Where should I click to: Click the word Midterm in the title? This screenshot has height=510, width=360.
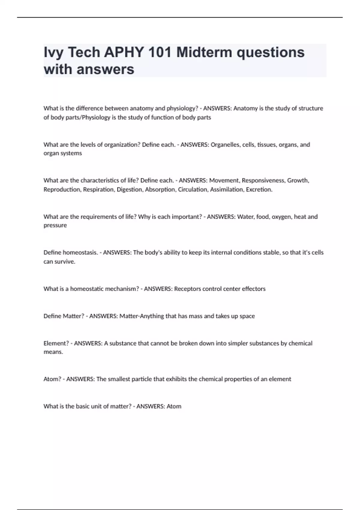[204, 52]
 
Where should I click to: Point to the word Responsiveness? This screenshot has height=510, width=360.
[263, 181]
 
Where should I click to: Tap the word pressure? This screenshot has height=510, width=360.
[55, 226]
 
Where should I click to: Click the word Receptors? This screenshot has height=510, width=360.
[187, 289]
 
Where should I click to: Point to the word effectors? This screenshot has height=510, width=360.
[253, 289]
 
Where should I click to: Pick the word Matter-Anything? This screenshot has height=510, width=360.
[142, 316]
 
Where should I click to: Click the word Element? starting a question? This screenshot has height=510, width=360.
[56, 343]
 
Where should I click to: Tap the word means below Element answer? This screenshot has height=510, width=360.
[53, 352]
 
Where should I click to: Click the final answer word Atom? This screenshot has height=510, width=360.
[174, 406]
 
